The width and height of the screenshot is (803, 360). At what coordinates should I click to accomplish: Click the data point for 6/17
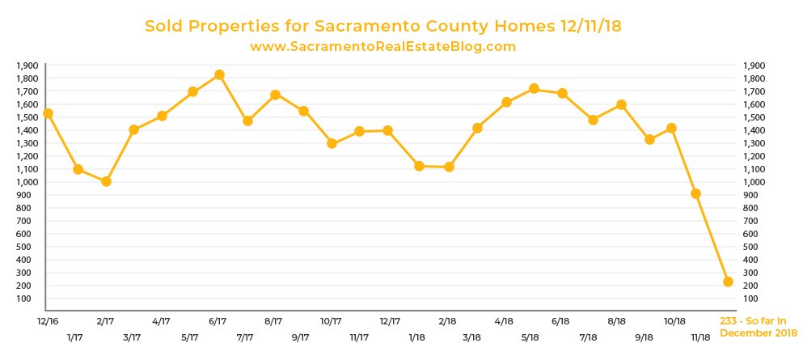(219, 75)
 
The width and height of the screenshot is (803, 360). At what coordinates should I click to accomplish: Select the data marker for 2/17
(105, 181)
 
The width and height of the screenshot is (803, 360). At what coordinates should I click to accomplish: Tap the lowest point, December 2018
(728, 282)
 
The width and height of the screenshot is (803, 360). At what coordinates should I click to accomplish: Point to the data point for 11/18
(695, 193)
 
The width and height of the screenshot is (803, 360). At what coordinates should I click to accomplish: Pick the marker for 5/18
(534, 88)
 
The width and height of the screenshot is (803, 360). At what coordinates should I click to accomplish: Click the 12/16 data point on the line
(49, 113)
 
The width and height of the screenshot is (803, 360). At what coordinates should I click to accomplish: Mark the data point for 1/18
(419, 166)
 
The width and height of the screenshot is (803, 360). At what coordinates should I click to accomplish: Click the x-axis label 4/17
(161, 321)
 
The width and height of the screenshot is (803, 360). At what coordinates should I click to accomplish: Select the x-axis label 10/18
(674, 321)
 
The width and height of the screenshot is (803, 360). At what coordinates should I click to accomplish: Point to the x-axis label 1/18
(417, 337)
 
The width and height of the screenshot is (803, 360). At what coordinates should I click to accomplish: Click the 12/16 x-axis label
(48, 321)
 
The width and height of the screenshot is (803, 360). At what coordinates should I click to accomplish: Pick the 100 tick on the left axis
(31, 299)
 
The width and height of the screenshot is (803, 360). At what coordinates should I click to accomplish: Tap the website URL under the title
(382, 47)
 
